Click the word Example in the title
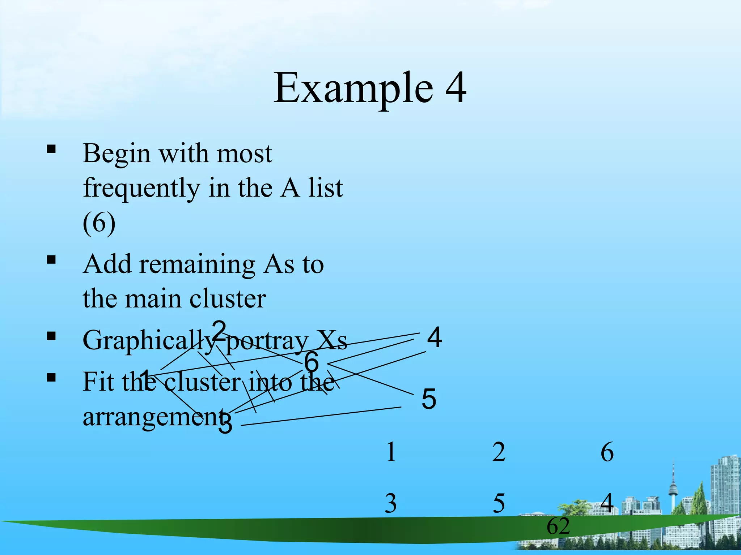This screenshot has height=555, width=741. click(x=353, y=89)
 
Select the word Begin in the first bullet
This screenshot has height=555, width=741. click(x=116, y=154)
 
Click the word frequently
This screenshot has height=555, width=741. click(x=141, y=188)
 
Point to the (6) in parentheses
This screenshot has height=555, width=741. click(x=99, y=223)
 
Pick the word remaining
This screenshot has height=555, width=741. click(x=197, y=264)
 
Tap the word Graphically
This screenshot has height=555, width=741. click(x=148, y=341)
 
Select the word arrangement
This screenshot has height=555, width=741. click(x=152, y=417)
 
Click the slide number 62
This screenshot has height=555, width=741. click(x=558, y=526)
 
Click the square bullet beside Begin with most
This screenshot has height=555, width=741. click(x=51, y=149)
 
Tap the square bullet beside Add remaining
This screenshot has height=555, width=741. click(x=51, y=259)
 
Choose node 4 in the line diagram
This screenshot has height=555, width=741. click(x=434, y=337)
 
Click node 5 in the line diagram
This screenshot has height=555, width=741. click(x=429, y=399)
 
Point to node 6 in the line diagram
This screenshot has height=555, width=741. click(x=311, y=362)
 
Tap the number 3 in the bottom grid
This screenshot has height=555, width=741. click(x=390, y=503)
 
